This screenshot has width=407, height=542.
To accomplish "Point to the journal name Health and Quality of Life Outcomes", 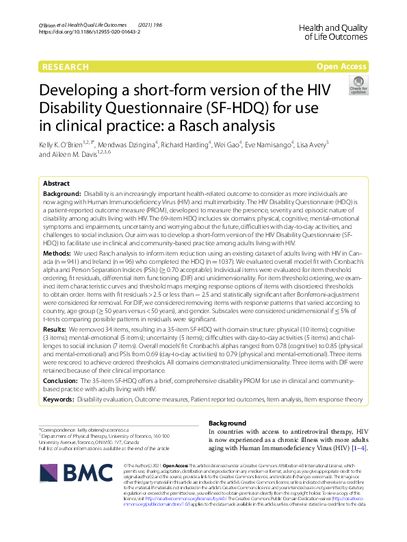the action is pos(334,30).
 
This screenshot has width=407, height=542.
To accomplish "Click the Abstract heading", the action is pos(56,184).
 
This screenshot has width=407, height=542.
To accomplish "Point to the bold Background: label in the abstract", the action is pos(59,195).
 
